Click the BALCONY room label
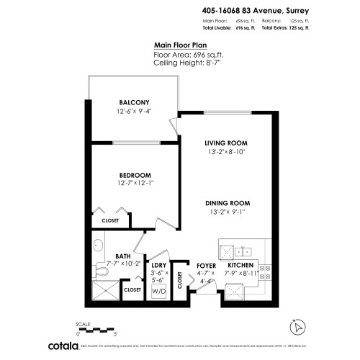tap(135, 103)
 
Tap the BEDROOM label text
tap(135, 175)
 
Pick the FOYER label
tap(207, 265)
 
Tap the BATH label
tap(122, 256)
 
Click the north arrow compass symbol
tap(295, 327)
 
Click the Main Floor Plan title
tap(176, 44)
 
